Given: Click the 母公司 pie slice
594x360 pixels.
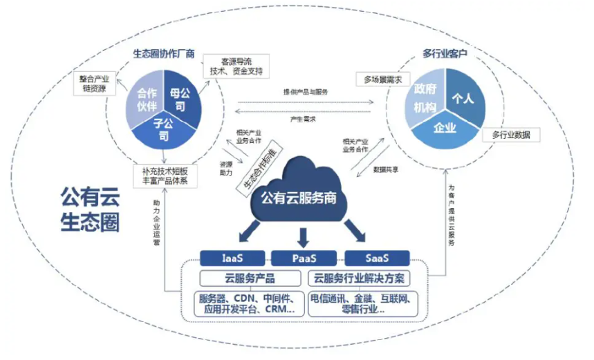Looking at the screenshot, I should [183, 99].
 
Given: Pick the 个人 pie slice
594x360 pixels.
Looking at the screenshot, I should [461, 98].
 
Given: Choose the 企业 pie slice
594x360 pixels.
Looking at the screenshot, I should [444, 128].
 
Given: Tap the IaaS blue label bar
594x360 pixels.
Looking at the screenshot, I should [232, 258].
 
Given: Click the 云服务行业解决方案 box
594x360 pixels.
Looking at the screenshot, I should [358, 278].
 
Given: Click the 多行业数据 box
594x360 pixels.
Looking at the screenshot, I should [510, 134].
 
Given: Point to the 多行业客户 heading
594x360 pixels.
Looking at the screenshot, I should [443, 53].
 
